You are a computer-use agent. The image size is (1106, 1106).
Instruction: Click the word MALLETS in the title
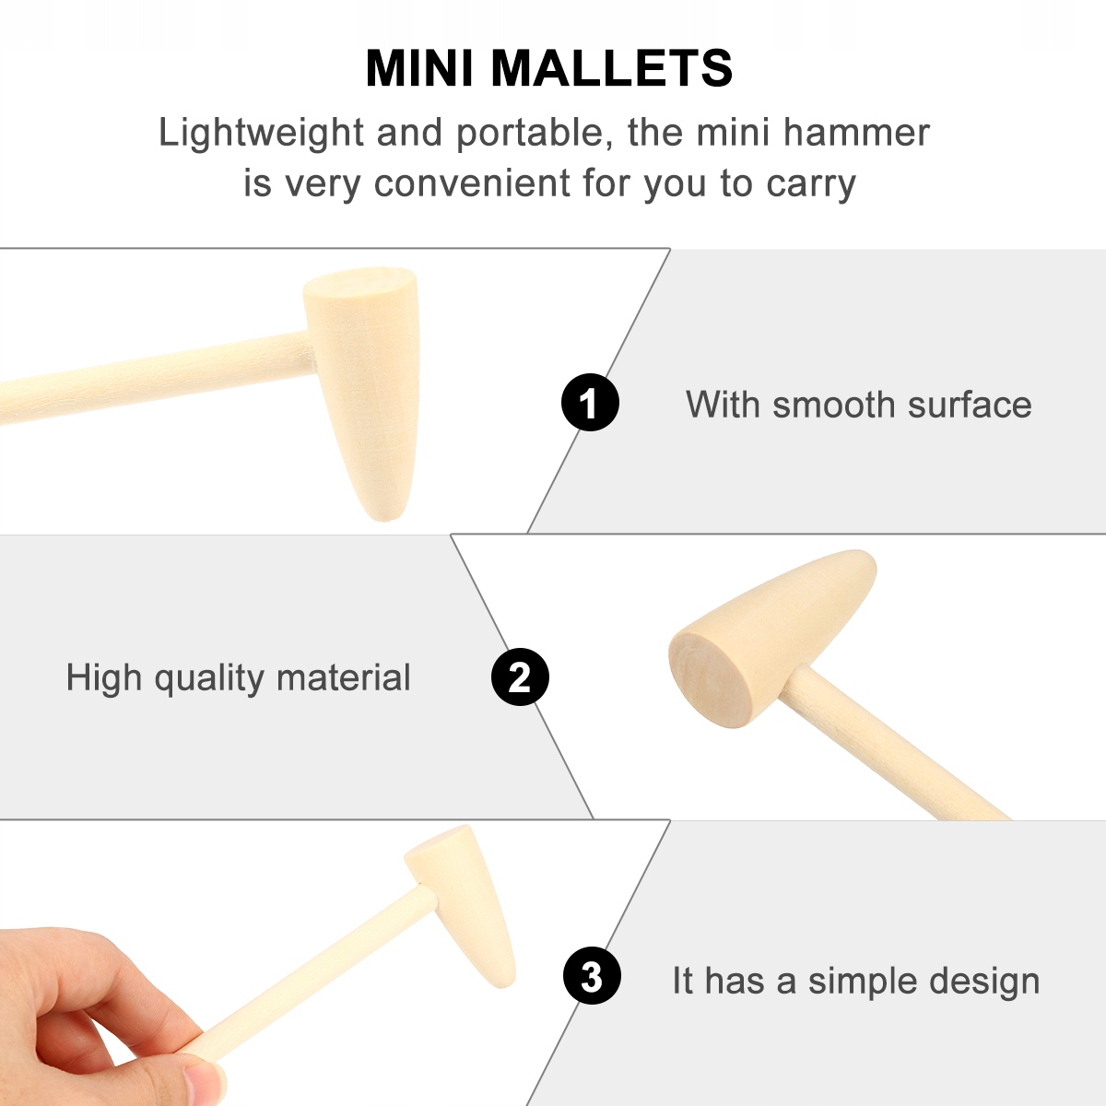coord(612,68)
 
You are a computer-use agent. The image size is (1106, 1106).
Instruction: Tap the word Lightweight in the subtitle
coord(261,134)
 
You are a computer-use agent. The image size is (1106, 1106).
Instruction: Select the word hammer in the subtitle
coord(856,133)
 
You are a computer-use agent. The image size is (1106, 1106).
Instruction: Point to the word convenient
coord(473,183)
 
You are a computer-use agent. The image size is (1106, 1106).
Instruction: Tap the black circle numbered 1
coord(590,403)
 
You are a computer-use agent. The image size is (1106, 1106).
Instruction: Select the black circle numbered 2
coord(520,677)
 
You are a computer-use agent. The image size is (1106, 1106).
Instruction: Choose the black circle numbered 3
coord(592,975)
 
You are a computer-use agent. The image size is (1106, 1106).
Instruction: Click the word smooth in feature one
coord(834,405)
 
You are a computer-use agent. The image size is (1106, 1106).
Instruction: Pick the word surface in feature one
coord(970,405)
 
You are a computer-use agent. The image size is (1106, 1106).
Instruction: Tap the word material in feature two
coord(343,677)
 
